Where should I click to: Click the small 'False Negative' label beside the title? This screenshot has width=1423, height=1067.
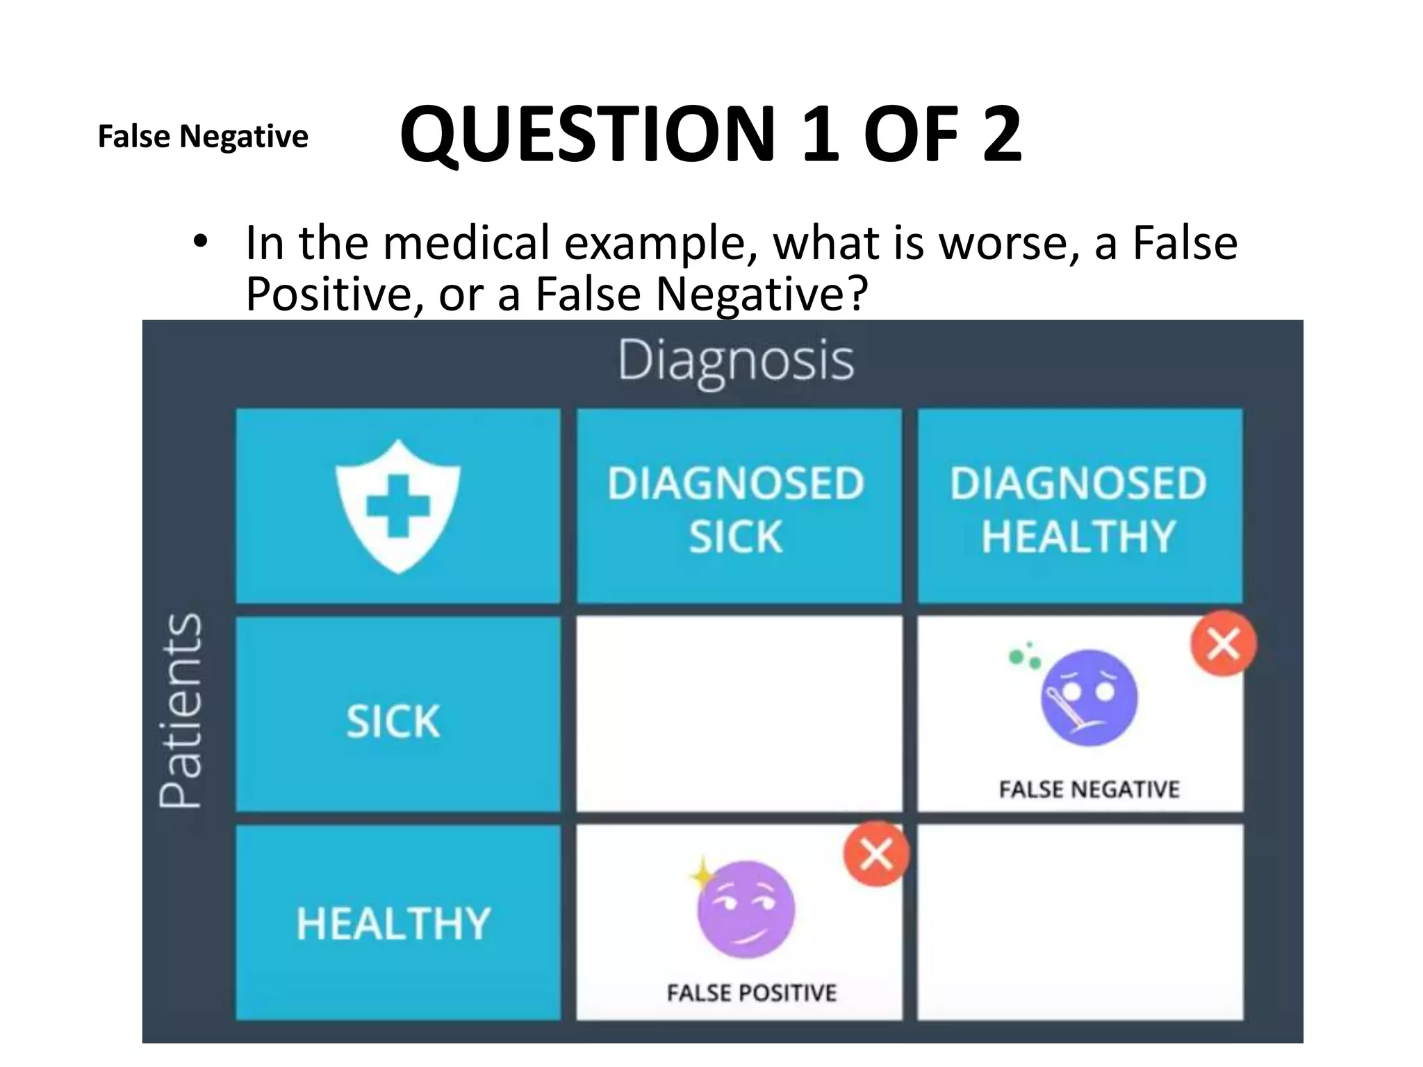pos(203,136)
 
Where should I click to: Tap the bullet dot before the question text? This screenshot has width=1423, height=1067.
pos(200,242)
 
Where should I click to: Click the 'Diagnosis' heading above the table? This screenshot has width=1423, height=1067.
pos(736,361)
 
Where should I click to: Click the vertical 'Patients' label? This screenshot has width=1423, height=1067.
pos(181,710)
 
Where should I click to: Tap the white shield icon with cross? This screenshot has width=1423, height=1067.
pos(397,506)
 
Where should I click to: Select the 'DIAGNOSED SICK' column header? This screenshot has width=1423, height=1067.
pos(737,509)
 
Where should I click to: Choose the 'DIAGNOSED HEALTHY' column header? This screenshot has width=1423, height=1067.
pos(1078,509)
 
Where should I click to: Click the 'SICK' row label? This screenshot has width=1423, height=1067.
pos(393,721)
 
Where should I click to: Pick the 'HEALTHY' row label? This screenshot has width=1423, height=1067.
pos(394,924)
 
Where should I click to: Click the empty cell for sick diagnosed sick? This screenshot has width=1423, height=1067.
pos(739,713)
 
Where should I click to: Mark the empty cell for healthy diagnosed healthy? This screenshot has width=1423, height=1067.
pos(1080,922)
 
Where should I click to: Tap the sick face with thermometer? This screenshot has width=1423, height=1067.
pos(1089,697)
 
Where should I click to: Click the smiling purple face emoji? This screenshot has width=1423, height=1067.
pos(746,909)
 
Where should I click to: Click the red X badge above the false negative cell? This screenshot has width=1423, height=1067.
pos(1224,643)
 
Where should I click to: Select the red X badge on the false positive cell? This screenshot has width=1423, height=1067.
pos(876,854)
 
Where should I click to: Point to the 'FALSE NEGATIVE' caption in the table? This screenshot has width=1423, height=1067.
pos(1089,789)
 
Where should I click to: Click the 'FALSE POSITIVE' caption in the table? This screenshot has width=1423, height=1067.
pos(751,993)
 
